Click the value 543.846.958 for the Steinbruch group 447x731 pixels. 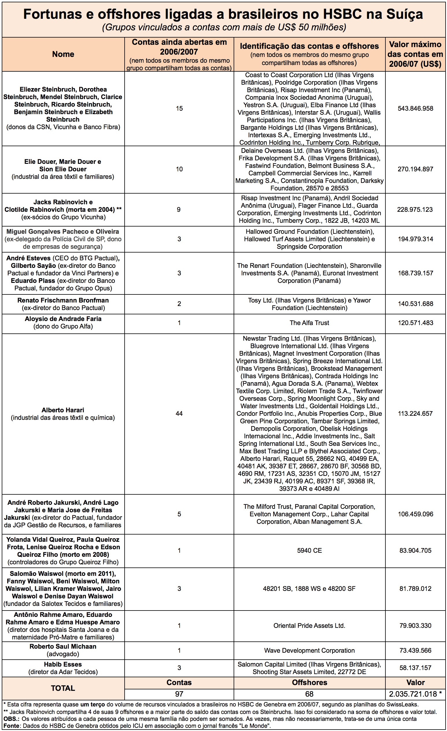point(415,109)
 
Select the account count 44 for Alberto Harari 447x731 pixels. point(179,413)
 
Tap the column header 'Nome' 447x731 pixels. point(63,54)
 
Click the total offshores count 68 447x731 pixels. point(309,694)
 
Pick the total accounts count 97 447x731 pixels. point(179,694)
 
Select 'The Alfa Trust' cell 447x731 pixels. point(309,323)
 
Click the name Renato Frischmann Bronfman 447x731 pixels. point(63,300)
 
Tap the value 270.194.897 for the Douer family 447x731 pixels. point(415,169)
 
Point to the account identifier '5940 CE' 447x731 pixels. point(309,551)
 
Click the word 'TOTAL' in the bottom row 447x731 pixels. point(63,688)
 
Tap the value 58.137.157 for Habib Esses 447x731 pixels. point(415,668)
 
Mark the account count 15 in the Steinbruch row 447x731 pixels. point(179,109)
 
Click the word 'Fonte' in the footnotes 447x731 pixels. point(11,726)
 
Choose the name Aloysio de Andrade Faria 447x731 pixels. point(63,319)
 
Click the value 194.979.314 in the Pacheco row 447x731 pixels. point(415,239)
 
